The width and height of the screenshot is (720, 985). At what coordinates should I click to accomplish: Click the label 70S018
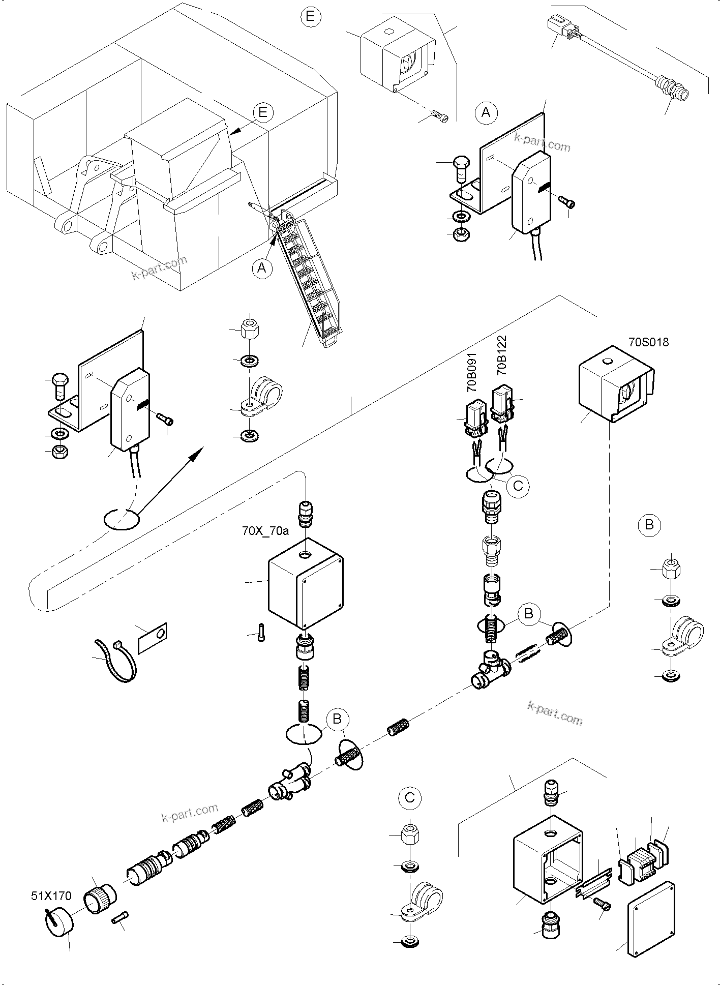tap(648, 342)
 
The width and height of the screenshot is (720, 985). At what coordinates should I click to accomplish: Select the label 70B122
tap(502, 355)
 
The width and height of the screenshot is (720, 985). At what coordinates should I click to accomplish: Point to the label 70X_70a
tap(265, 531)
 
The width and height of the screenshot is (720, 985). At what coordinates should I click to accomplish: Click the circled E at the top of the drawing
tap(311, 17)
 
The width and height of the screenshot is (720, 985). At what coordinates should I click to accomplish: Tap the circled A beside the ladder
tap(262, 267)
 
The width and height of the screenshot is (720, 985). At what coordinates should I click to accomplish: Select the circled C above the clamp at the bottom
tap(410, 798)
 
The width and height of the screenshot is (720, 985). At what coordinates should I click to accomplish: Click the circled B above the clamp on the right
tap(649, 524)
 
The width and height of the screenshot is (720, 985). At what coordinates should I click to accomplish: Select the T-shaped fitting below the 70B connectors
tap(491, 671)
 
